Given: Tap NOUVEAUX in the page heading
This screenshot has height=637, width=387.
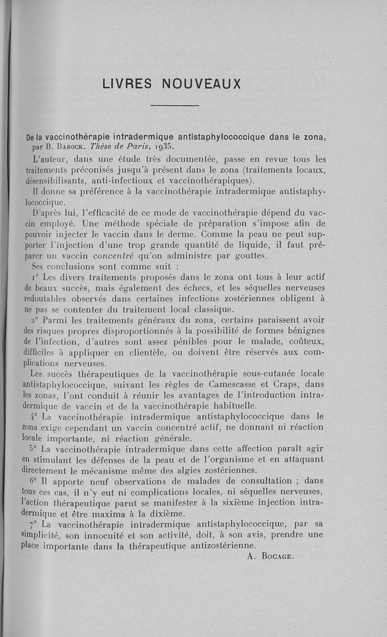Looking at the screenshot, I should pyautogui.click(x=202, y=84).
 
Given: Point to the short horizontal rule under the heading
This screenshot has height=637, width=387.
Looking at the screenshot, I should pyautogui.click(x=175, y=105).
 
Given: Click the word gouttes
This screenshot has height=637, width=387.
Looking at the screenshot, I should pyautogui.click(x=247, y=256).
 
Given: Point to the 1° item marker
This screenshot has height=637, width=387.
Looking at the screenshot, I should pyautogui.click(x=34, y=278).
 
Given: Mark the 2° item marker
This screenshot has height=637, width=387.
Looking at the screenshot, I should pyautogui.click(x=34, y=320).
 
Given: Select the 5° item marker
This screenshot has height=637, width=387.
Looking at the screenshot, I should pyautogui.click(x=33, y=449).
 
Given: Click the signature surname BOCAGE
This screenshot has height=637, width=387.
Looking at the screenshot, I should pyautogui.click(x=277, y=556).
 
